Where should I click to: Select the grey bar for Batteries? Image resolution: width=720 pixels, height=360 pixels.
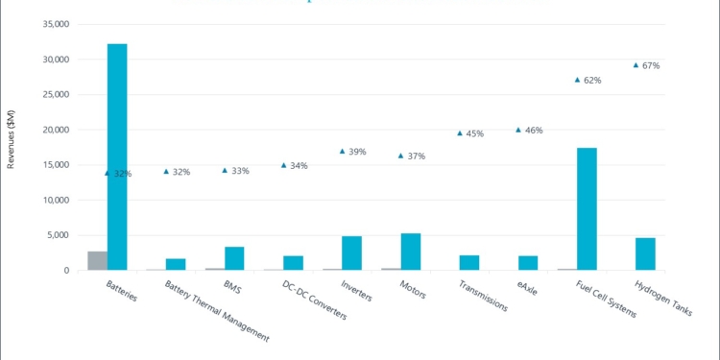pos(97,261)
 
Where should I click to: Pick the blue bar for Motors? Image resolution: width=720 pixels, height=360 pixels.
pos(410,252)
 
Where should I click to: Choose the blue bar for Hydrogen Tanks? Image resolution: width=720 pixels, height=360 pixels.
pos(645,253)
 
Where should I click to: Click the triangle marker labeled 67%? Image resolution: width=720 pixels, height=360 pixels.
pos(636,65)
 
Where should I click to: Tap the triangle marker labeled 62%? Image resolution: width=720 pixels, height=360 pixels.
pos(577,80)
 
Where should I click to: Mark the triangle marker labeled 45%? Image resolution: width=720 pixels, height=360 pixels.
pos(460,133)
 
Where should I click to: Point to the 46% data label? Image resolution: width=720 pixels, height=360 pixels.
pos(534,130)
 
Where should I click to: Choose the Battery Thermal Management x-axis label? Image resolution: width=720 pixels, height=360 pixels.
pos(215,310)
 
